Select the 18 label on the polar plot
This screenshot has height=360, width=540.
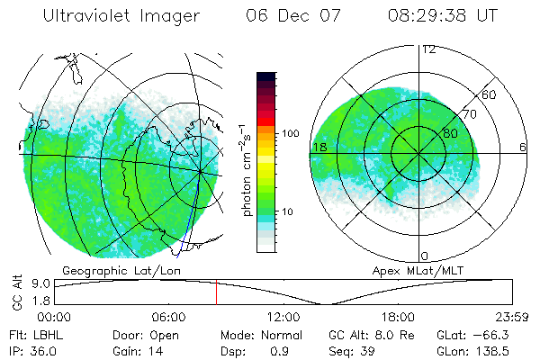(319, 147)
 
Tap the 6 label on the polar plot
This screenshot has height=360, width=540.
(522, 147)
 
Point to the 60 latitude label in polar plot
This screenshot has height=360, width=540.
(490, 94)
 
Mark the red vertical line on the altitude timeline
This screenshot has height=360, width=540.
(216, 292)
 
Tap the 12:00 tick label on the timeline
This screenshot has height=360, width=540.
(283, 317)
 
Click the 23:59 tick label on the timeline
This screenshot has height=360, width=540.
(512, 317)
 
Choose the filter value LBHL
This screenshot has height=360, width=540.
(46, 335)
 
